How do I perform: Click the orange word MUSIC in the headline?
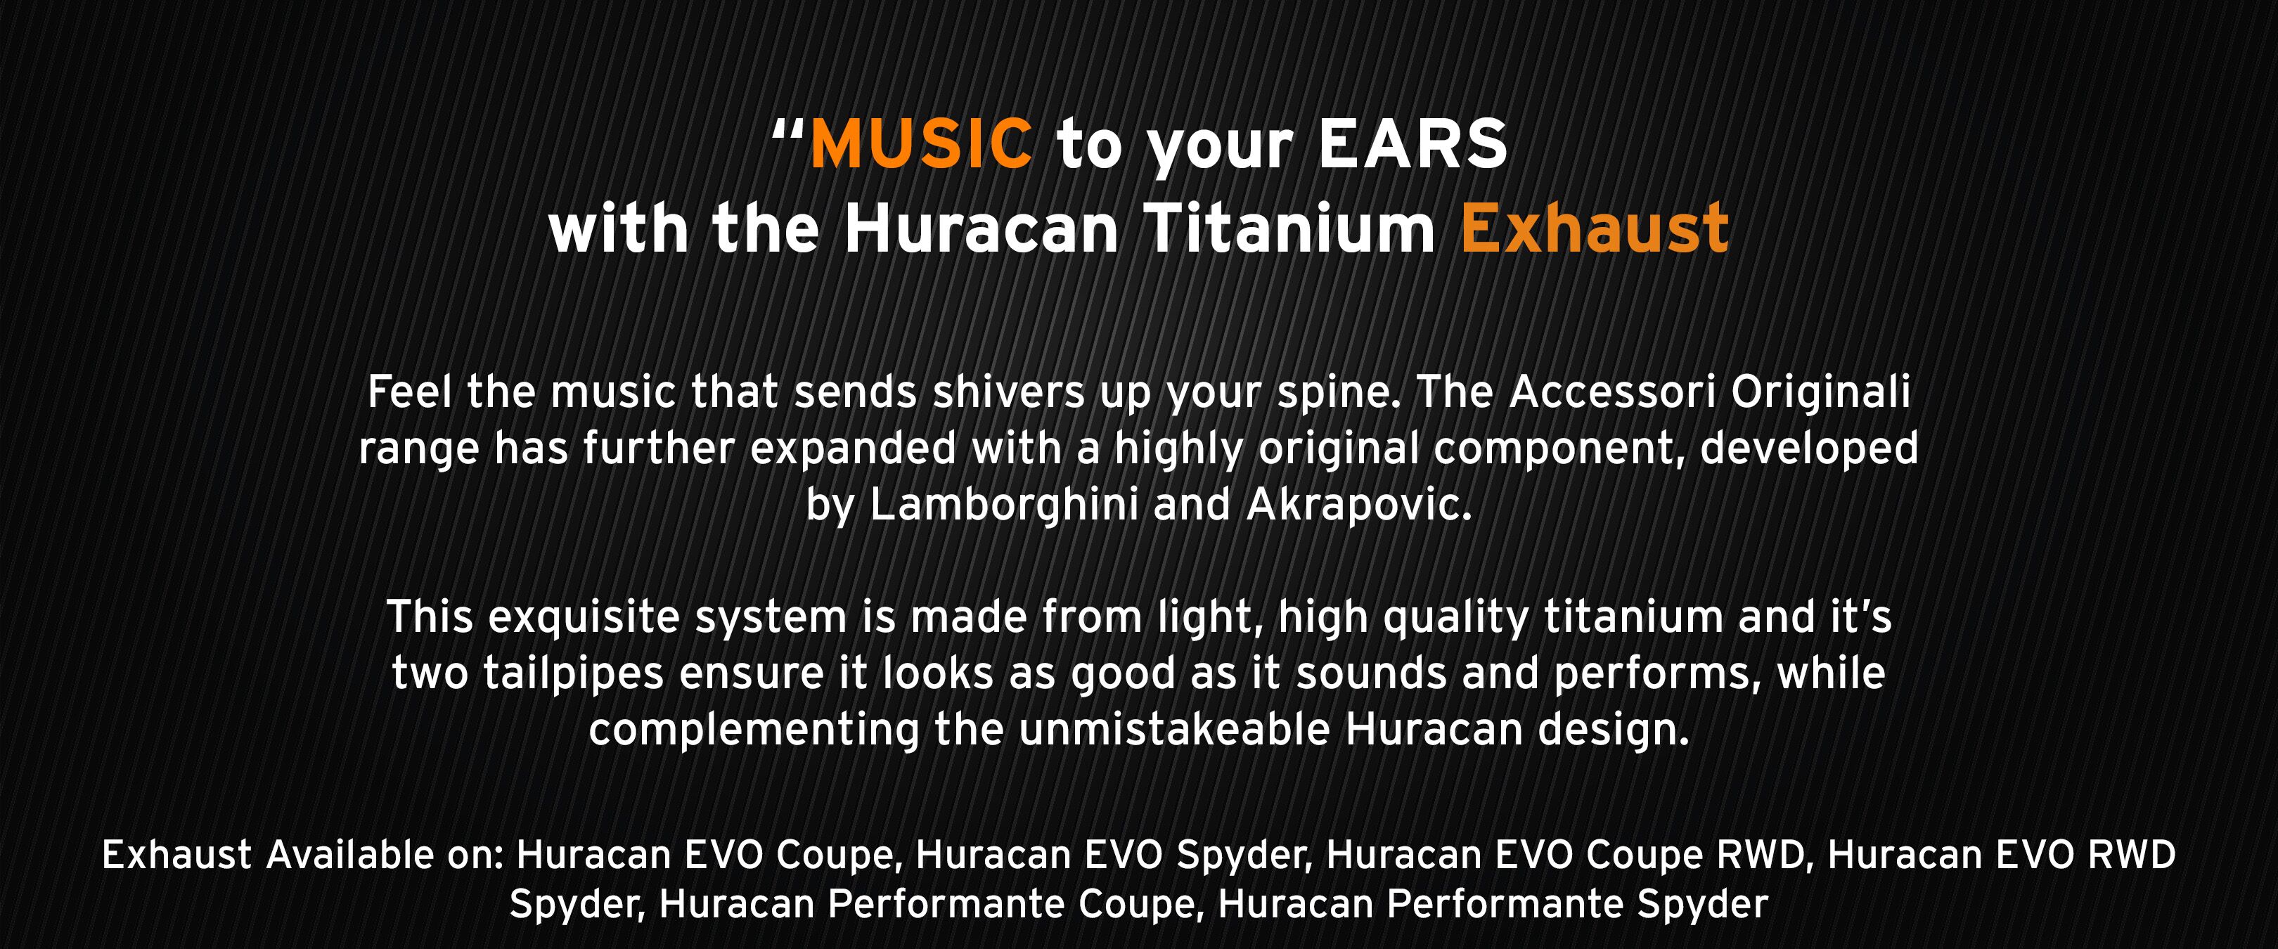(920, 143)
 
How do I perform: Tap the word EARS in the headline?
(1413, 143)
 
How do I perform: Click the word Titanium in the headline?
(1289, 228)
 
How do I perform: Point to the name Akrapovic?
(1359, 505)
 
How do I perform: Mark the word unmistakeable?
(1174, 730)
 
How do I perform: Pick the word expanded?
(854, 448)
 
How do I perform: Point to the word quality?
(1455, 617)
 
